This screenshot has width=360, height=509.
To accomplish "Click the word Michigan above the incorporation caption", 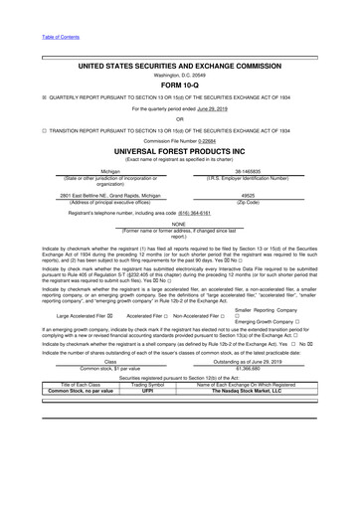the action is tap(96, 171).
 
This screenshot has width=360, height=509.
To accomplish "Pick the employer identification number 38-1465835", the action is tap(263, 171).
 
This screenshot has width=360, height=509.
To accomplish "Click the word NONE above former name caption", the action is tap(180, 224).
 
